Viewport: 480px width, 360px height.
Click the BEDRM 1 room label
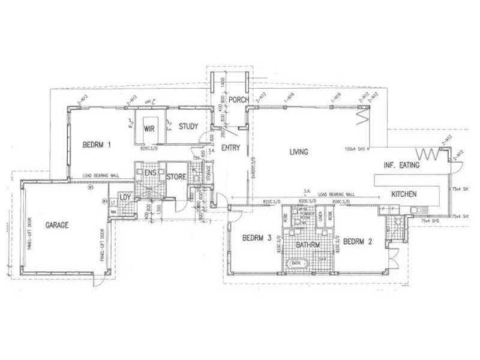tap(97, 145)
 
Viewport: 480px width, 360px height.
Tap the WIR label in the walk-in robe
tap(149, 128)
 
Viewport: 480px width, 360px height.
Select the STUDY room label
tap(188, 127)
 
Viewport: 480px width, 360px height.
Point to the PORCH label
tap(238, 100)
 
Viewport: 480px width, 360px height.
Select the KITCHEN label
tap(404, 194)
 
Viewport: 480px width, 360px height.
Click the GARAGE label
tap(57, 226)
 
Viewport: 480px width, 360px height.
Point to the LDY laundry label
tap(125, 197)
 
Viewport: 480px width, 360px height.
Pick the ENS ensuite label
tap(151, 173)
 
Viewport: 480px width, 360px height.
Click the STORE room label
tap(176, 177)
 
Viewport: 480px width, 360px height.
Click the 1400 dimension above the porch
tap(223, 80)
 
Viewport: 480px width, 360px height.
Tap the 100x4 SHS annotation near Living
tap(356, 149)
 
